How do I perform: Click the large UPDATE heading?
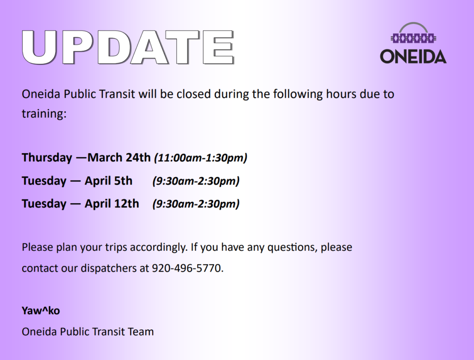pyautogui.click(x=128, y=48)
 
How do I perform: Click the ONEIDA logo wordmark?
pyautogui.click(x=413, y=56)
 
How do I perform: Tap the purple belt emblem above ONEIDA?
pyautogui.click(x=413, y=38)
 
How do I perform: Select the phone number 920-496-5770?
pyautogui.click(x=187, y=268)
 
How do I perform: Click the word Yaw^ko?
pyautogui.click(x=41, y=310)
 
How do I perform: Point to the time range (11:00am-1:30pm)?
pyautogui.click(x=201, y=158)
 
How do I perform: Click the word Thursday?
pyautogui.click(x=47, y=157)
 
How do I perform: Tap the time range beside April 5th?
pyautogui.click(x=196, y=181)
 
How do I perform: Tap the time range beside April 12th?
pyautogui.click(x=196, y=204)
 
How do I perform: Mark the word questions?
pyautogui.click(x=293, y=248)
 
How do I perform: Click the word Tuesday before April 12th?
pyautogui.click(x=44, y=204)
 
